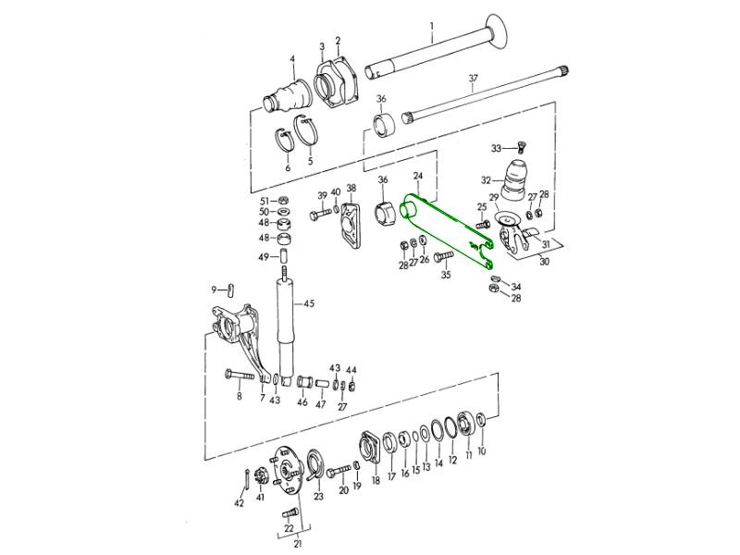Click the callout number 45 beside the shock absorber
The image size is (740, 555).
pyautogui.click(x=308, y=303)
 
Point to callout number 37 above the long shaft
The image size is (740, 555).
pyautogui.click(x=473, y=78)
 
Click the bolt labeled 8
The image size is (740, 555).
pyautogui.click(x=242, y=376)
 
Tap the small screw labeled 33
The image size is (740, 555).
pyautogui.click(x=522, y=148)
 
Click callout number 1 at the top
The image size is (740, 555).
pyautogui.click(x=431, y=26)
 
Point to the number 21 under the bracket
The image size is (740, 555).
pyautogui.click(x=297, y=544)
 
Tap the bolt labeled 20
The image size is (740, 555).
pyautogui.click(x=339, y=470)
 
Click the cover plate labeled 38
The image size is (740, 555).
pyautogui.click(x=351, y=224)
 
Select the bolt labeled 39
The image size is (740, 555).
pyautogui.click(x=321, y=216)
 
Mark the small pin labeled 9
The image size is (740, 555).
pyautogui.click(x=230, y=290)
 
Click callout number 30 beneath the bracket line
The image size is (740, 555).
pyautogui.click(x=544, y=261)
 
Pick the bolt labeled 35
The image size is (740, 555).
pyautogui.click(x=443, y=256)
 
